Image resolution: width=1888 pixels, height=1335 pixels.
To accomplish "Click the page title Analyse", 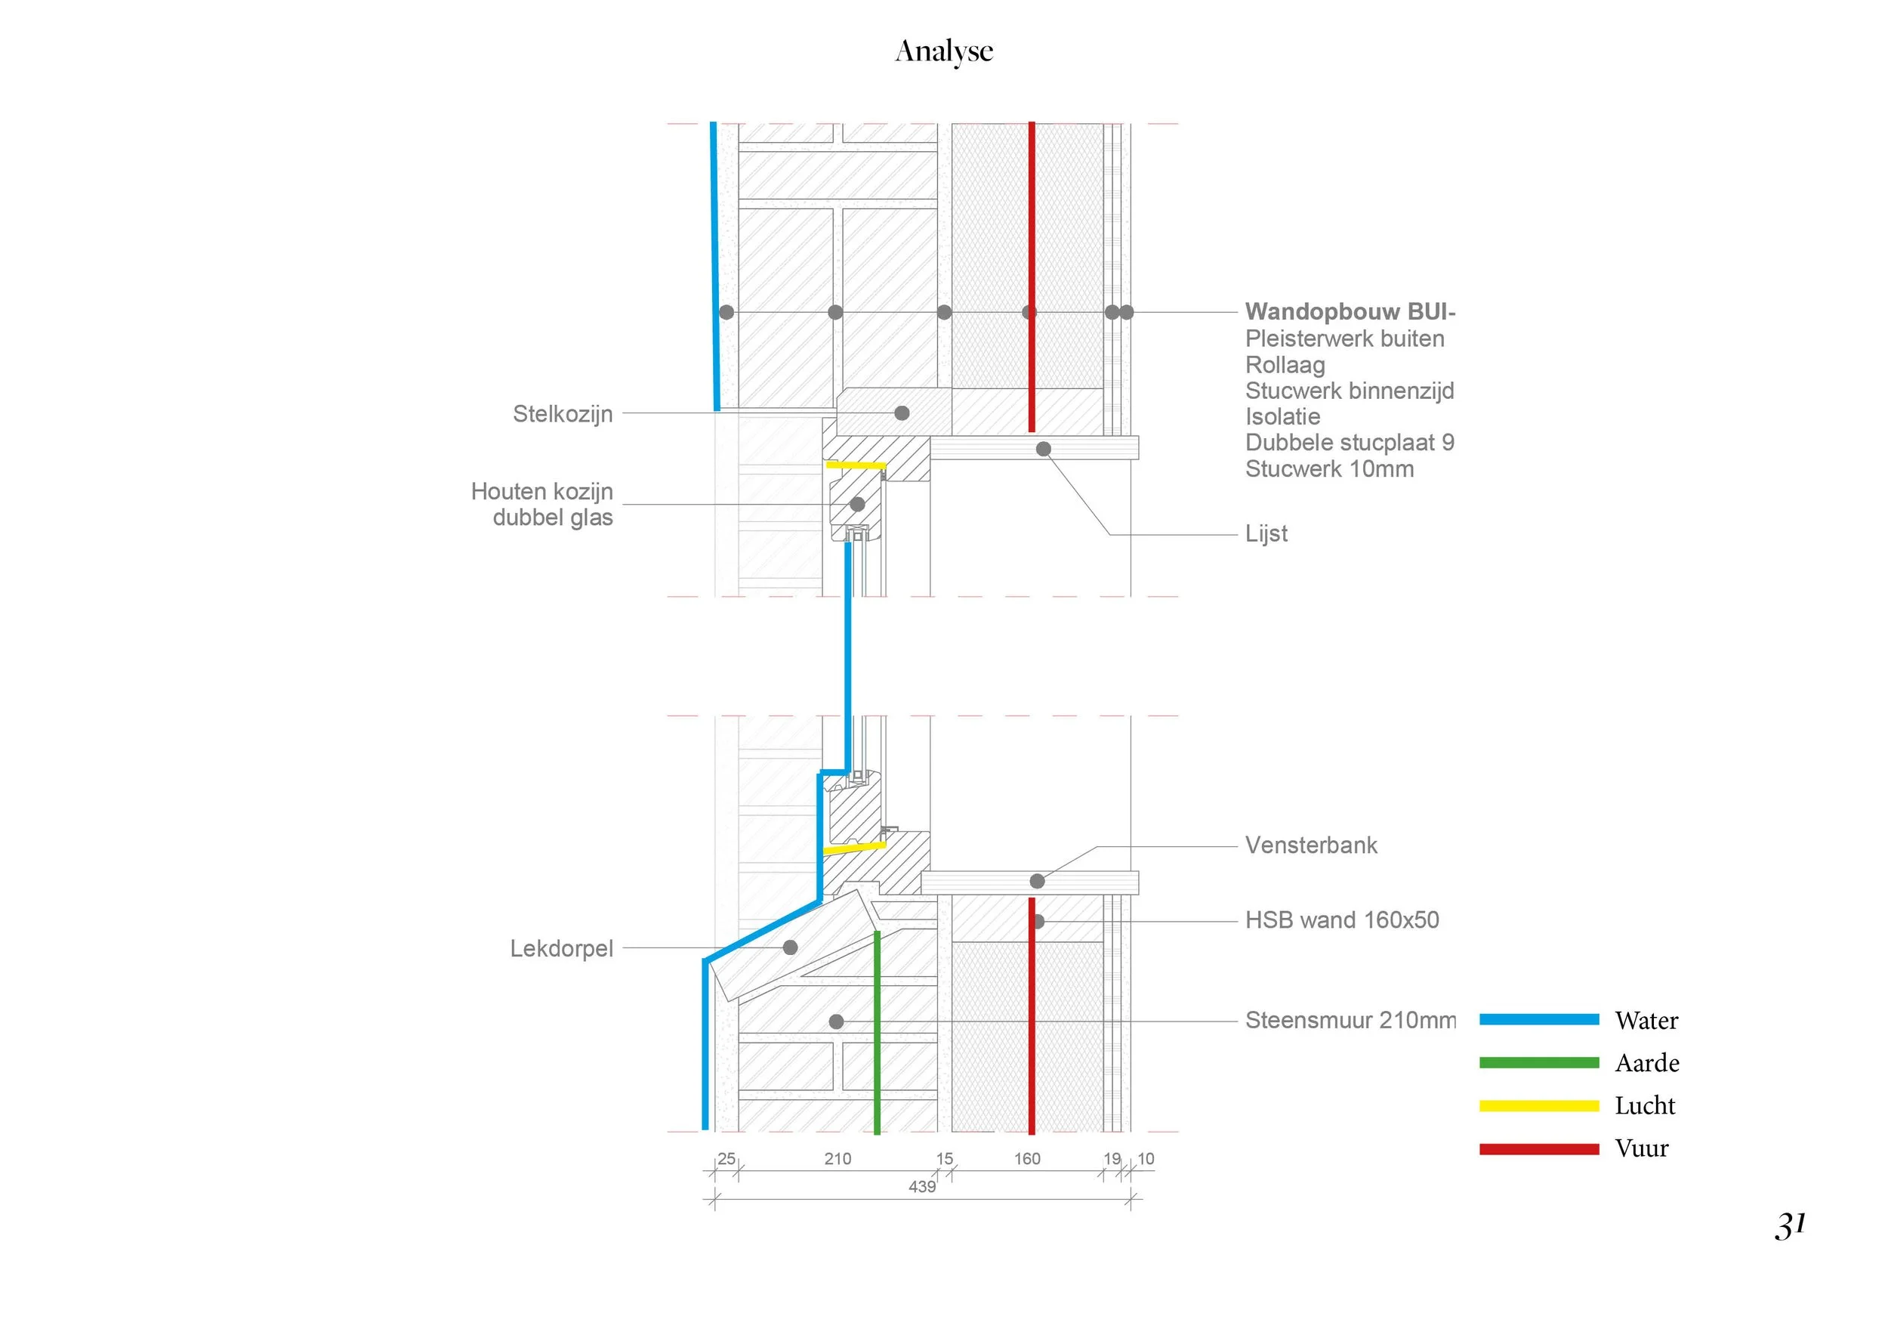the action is [944, 51].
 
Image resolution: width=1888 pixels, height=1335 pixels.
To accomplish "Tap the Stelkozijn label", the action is [563, 414].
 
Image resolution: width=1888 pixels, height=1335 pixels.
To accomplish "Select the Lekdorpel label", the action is [562, 948].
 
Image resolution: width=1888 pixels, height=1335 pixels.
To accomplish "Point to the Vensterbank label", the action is [1311, 845].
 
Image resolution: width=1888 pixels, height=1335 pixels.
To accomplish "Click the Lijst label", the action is [1266, 534].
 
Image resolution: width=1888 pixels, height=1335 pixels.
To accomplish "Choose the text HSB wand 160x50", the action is [1342, 919].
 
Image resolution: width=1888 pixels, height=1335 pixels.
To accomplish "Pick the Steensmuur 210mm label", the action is [1350, 1020].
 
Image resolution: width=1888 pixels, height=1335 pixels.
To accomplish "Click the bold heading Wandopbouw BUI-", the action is [1350, 312].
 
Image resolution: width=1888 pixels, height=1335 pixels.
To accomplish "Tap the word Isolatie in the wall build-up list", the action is [1283, 417].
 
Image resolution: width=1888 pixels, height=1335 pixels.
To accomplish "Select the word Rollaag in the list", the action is [1285, 365].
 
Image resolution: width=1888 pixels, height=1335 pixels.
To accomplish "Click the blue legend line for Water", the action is [1538, 1020].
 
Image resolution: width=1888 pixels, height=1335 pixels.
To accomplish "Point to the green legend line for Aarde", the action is [1538, 1063].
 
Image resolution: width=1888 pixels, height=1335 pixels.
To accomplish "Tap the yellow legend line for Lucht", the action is [1538, 1106].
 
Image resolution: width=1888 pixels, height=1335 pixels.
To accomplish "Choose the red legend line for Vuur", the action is [1538, 1149].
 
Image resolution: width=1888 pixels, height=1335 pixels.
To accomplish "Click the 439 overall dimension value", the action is [922, 1187].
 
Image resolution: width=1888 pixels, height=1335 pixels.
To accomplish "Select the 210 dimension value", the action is [838, 1159].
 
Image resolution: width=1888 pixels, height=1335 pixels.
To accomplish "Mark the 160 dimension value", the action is [1027, 1159].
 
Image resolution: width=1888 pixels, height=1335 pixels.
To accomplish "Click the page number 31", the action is [1790, 1225].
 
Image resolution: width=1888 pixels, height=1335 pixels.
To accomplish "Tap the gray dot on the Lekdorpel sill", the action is [790, 947].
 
